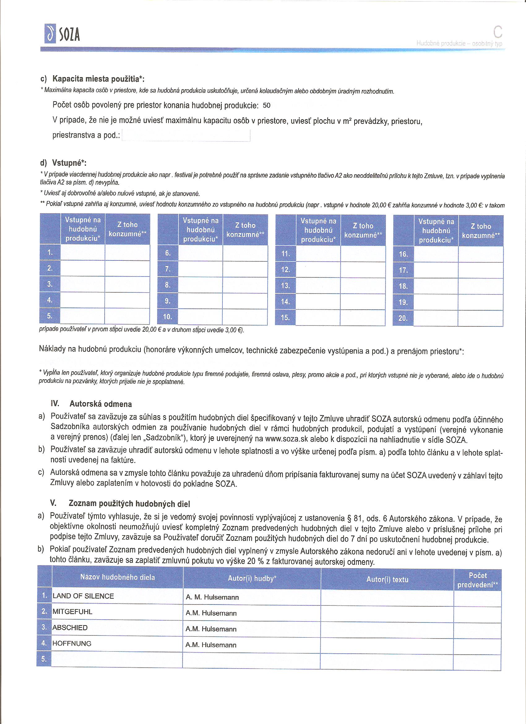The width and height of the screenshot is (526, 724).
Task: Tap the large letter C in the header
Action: pyautogui.click(x=497, y=32)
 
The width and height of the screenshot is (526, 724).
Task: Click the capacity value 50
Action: pyautogui.click(x=267, y=106)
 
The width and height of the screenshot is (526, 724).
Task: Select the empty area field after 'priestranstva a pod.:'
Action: pyautogui.click(x=186, y=136)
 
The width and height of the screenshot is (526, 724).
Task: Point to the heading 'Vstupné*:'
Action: pyautogui.click(x=69, y=163)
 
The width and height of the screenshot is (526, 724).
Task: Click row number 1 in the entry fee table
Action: pyautogui.click(x=50, y=252)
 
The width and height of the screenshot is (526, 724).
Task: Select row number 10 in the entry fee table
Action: pyautogui.click(x=168, y=317)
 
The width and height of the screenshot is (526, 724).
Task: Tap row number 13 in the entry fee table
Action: pyautogui.click(x=286, y=286)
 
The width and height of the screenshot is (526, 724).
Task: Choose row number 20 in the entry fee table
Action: pyautogui.click(x=403, y=318)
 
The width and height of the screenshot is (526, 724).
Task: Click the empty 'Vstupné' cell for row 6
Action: pyautogui.click(x=200, y=253)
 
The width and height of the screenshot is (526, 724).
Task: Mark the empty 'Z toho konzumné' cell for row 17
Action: pyautogui.click(x=481, y=270)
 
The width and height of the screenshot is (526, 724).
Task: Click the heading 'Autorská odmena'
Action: pyautogui.click(x=101, y=404)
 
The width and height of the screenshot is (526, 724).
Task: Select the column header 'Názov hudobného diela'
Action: pyautogui.click(x=117, y=577)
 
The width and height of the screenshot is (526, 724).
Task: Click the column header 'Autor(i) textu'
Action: pyautogui.click(x=387, y=579)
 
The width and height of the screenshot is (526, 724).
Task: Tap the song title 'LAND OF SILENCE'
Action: pyautogui.click(x=83, y=596)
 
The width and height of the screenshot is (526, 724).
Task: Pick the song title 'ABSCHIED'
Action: pyautogui.click(x=70, y=628)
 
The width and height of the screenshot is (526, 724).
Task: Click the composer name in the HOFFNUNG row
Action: pyautogui.click(x=211, y=645)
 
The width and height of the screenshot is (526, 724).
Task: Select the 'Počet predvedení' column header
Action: pyautogui.click(x=477, y=580)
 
